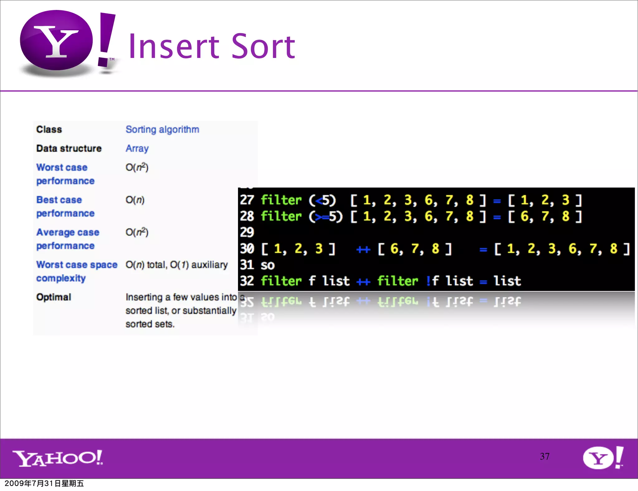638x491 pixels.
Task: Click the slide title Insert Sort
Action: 212,46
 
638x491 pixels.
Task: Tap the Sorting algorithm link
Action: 162,129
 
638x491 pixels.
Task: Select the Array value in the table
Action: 137,148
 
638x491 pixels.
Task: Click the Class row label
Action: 49,129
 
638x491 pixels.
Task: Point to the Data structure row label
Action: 69,148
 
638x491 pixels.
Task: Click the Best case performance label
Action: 65,206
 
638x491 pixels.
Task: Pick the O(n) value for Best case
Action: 135,200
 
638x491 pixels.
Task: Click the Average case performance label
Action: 68,239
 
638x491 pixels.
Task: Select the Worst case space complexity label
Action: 76,271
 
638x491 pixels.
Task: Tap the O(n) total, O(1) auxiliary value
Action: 177,265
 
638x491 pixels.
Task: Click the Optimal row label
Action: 54,297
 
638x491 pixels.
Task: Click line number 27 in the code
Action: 247,200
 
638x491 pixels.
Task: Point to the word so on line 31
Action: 268,265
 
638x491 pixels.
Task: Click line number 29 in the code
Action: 247,232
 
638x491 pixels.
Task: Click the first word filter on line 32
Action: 281,281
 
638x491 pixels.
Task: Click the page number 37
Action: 545,456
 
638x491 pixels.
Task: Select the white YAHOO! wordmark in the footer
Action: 58,458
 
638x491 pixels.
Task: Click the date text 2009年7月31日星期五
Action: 44,484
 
